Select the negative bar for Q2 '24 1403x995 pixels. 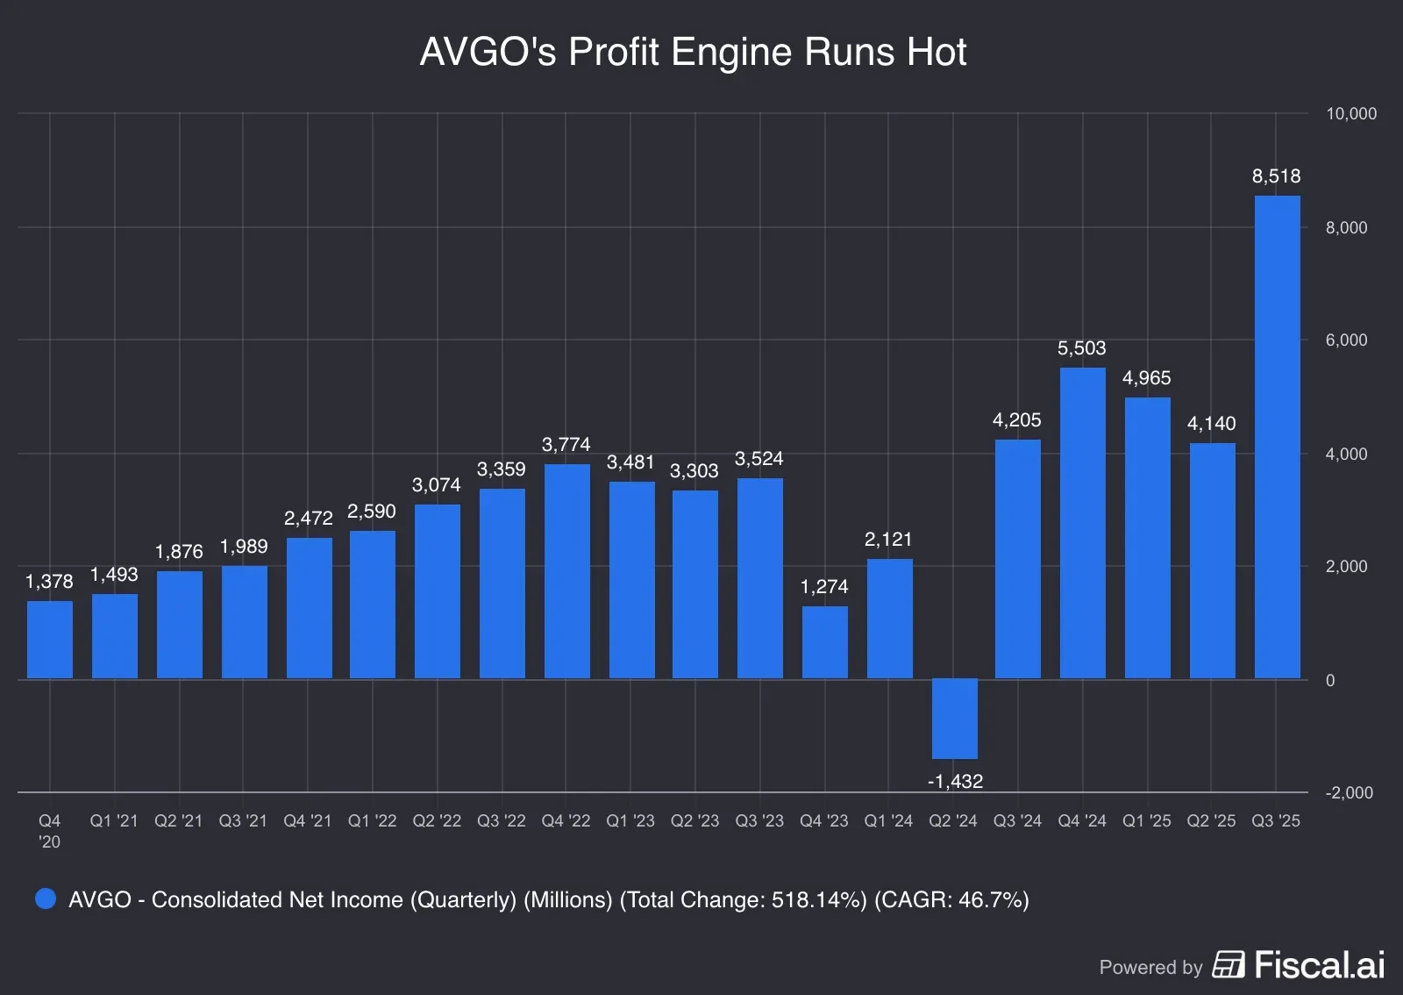point(954,719)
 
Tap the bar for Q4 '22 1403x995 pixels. point(566,571)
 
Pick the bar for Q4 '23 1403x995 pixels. point(824,642)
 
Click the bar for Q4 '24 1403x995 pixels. point(1082,523)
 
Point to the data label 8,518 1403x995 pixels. point(1276,176)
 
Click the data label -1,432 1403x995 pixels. point(954,782)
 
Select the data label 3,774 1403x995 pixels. point(566,445)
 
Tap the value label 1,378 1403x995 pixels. point(49,582)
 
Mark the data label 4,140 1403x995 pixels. point(1211,424)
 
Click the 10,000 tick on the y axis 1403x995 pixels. point(1350,114)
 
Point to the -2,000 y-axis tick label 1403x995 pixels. point(1349,793)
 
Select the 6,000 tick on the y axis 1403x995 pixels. point(1346,340)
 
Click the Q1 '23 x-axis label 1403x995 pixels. point(630,821)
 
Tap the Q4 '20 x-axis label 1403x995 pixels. point(49,831)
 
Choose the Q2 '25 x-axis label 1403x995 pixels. point(1211,821)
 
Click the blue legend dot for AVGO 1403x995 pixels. point(46,899)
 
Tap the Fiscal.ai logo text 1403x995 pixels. point(1319,965)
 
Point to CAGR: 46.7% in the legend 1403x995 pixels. point(951,900)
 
